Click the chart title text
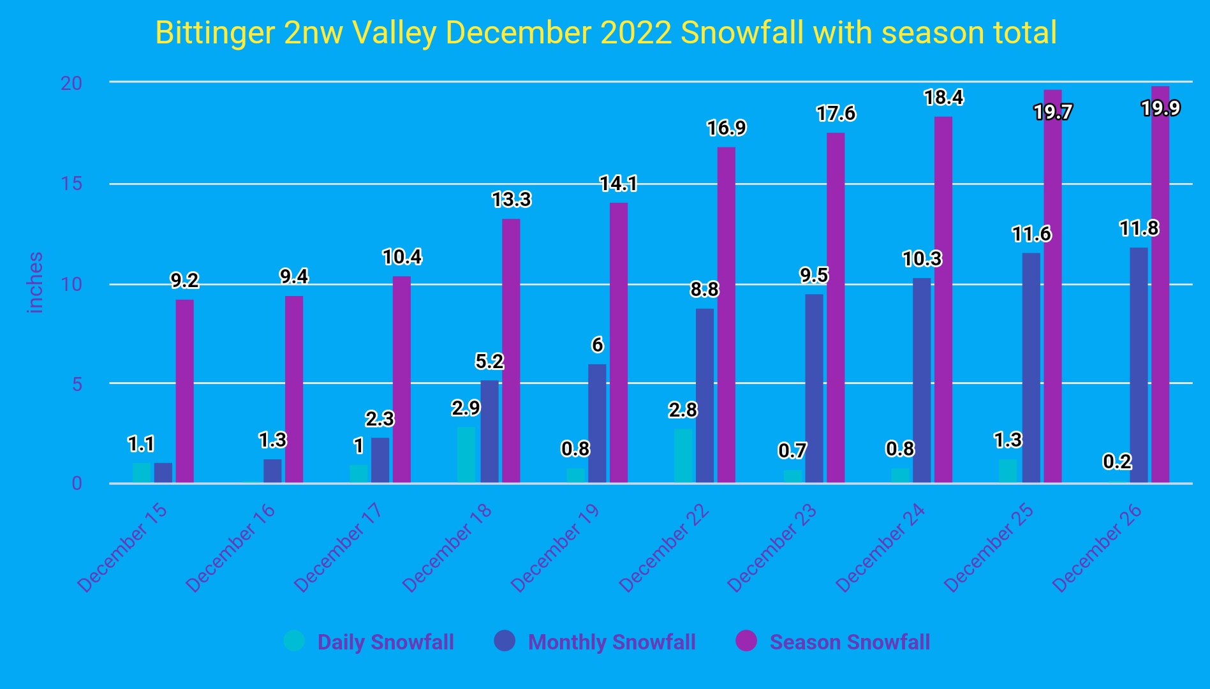pos(606,33)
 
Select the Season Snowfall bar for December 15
pos(185,391)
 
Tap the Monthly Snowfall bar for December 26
pos(1139,365)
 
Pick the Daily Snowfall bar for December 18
pos(466,454)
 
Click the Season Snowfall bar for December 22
pos(727,315)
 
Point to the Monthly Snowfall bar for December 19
pos(597,424)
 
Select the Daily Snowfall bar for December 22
pos(683,456)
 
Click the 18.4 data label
pos(944,98)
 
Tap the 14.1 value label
pos(619,184)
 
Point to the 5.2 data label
pos(490,362)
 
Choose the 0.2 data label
pos(1118,461)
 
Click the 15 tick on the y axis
pos(72,184)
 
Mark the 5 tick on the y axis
pos(77,384)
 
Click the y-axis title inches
pos(36,283)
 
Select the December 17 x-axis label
pos(338,547)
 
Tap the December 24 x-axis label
pos(880,547)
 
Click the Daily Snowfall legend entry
pos(369,641)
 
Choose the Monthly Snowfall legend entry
pos(595,641)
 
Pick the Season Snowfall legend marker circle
pos(746,641)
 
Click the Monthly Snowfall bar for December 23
pos(814,389)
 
